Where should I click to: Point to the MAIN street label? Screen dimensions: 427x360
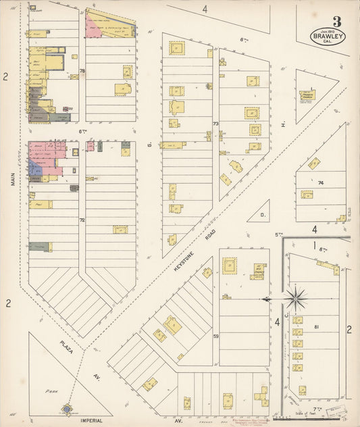[x=12, y=178]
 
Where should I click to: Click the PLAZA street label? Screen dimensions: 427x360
[x=66, y=347]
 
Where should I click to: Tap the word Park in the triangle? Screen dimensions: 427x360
[x=48, y=391]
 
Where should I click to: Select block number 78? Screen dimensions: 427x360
[x=82, y=71]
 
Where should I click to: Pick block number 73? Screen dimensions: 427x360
[x=215, y=124]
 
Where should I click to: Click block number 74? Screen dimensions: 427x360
[x=321, y=183]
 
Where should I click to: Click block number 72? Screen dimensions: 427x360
[x=82, y=220]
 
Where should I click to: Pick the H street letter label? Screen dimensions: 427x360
[x=284, y=124]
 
